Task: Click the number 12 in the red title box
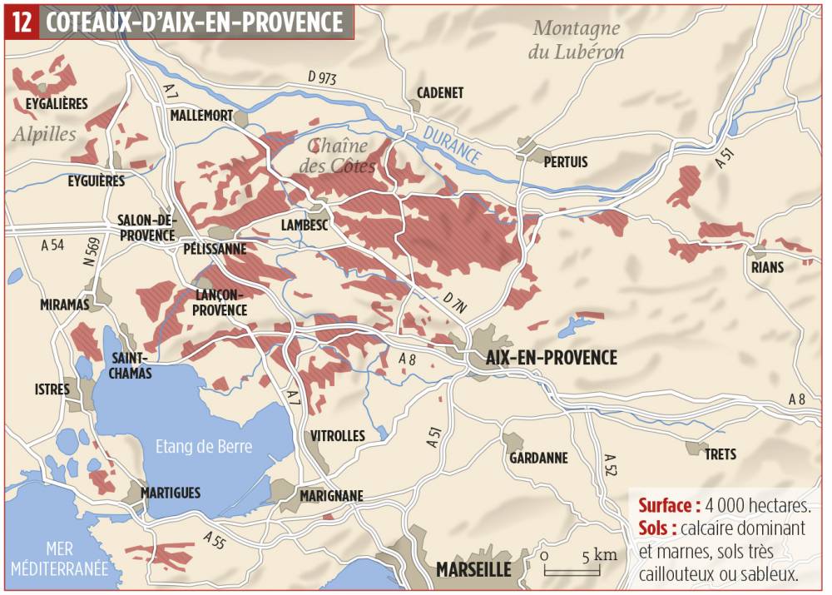point(22,22)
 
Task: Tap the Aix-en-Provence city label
point(552,358)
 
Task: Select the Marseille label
point(473,570)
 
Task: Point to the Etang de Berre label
point(204,446)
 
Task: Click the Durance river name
point(452,142)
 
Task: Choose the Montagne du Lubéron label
point(577,40)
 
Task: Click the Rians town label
point(767,267)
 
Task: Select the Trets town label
point(721,454)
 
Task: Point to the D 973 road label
point(323,77)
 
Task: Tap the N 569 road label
point(93,251)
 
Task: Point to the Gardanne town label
point(538,458)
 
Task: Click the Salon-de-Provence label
point(146,227)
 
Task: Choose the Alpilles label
point(43,134)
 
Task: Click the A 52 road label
point(611,466)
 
